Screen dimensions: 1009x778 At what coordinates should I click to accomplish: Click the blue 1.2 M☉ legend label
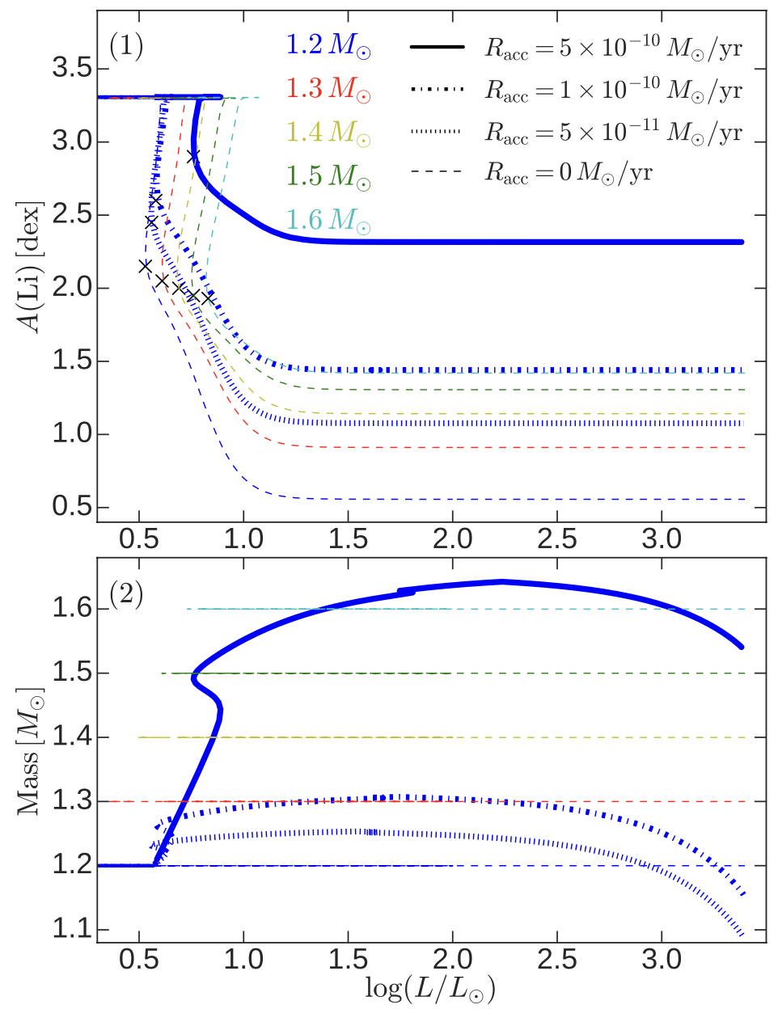tap(328, 45)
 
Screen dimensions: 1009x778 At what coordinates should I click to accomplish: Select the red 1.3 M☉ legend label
tap(328, 89)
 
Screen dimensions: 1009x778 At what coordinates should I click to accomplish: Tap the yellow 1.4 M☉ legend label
tap(328, 133)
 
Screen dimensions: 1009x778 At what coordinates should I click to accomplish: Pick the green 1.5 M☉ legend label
tap(328, 176)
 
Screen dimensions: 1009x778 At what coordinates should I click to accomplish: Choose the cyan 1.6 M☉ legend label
tap(328, 220)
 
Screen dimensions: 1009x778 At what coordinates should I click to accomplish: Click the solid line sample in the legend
tap(437, 48)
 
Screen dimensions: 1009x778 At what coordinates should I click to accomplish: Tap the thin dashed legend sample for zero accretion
tap(437, 172)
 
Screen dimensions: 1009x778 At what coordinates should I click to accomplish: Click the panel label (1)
tap(126, 46)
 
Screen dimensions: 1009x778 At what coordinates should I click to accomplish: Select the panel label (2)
tap(126, 595)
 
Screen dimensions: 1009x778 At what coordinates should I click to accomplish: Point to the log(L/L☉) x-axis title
tap(430, 989)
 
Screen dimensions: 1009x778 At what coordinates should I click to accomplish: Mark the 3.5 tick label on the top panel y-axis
tap(71, 69)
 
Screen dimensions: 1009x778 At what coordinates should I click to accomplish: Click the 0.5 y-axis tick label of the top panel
tap(71, 508)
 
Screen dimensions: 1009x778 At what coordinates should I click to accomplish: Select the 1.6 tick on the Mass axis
tap(71, 609)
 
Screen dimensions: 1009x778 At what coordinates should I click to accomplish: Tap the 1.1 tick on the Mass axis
tap(71, 930)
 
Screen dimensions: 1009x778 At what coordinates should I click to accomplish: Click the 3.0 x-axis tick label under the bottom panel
tap(662, 960)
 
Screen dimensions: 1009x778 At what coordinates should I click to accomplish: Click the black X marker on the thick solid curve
tap(192, 157)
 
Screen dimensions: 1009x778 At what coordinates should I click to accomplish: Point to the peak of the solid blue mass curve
tap(502, 581)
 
